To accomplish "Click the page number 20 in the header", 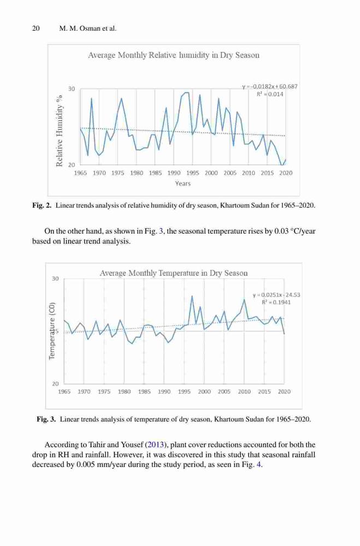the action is [x=36, y=28].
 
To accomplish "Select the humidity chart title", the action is [x=174, y=55].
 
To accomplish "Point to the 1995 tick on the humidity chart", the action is [x=192, y=173].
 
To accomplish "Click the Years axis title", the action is [x=182, y=183].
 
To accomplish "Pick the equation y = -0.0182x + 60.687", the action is [x=270, y=86].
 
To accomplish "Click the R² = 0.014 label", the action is [x=270, y=94].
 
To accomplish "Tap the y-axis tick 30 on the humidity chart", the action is [x=72, y=89].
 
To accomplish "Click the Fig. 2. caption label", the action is [x=42, y=205].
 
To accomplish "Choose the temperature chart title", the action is [x=174, y=273].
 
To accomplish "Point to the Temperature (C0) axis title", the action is [x=52, y=330].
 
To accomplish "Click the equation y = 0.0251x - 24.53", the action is [x=276, y=295].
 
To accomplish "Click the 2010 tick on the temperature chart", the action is [x=244, y=391].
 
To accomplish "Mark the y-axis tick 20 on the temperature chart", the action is [x=55, y=384].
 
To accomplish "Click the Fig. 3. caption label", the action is [x=46, y=419].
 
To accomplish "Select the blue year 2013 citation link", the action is [x=156, y=444].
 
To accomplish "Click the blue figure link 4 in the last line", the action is [x=258, y=465].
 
